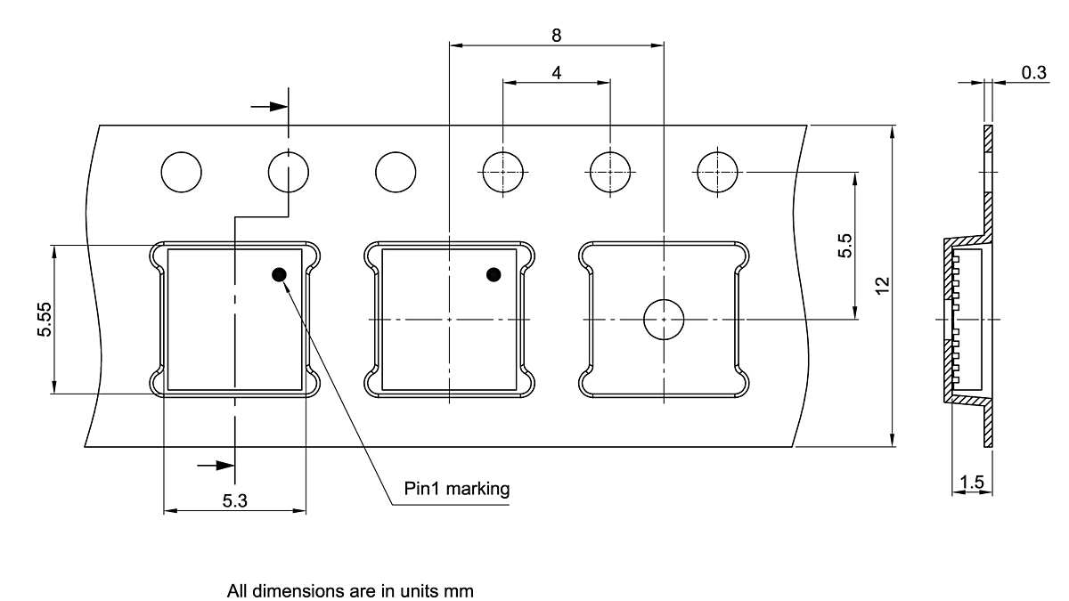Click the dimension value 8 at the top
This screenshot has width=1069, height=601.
point(557,36)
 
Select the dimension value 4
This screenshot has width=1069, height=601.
point(557,73)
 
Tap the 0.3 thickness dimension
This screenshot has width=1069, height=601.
point(1033,72)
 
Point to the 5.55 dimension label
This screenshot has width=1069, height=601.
point(45,319)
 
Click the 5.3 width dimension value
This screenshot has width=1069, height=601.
point(235,500)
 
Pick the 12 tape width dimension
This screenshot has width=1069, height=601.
point(883,286)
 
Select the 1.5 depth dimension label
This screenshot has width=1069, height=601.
point(972,483)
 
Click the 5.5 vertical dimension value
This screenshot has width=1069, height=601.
point(845,246)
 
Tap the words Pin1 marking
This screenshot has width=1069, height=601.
point(457,489)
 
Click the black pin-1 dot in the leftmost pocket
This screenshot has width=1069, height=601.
point(279,275)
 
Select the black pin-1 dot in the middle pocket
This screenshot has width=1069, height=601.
point(494,275)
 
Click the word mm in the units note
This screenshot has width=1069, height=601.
point(459,591)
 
